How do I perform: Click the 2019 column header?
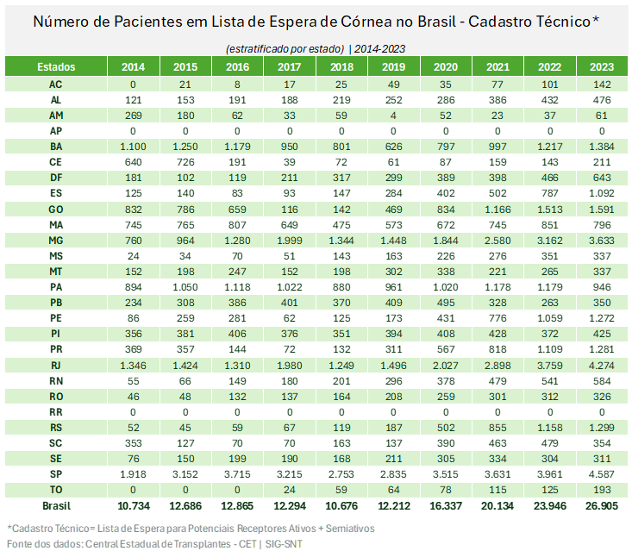393,66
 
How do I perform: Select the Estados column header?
56,66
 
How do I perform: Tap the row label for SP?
56,474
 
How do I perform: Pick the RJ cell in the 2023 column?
601,366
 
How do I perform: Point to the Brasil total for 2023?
601,505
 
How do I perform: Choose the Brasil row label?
56,505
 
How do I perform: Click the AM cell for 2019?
393,115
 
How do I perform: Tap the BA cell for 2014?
134,147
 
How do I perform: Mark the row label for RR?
56,412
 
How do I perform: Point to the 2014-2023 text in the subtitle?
379,48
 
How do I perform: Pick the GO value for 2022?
549,209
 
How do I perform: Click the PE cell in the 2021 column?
497,318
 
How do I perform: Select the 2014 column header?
134,66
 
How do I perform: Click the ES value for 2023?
601,193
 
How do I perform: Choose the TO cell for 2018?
341,490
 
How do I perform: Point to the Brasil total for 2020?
445,505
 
